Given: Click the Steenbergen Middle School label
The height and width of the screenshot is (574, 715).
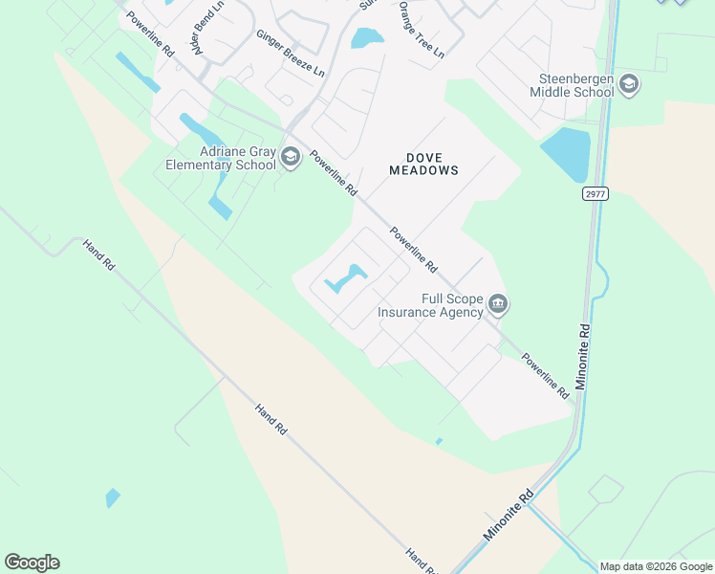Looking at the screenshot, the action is coord(572,85).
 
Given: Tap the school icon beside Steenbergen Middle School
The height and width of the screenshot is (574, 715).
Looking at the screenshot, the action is coord(629,85).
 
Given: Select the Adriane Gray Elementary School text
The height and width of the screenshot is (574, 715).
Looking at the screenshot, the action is coord(221,158).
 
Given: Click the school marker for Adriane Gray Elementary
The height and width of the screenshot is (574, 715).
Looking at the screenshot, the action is coord(291,157).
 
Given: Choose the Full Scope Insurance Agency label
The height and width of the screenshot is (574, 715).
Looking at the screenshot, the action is coord(431,305).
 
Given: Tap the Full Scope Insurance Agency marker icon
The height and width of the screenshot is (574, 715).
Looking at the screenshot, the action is coord(498,305).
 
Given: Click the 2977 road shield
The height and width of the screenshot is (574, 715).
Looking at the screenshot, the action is coord(595,193).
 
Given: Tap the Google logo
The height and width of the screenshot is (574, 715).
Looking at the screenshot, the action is coord(32,563).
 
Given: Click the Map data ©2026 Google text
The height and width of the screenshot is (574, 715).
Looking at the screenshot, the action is coord(656,566).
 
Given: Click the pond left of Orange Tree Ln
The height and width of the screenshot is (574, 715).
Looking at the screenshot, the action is coord(367,38).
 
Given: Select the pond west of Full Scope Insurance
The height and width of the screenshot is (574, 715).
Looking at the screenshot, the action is coord(346,278).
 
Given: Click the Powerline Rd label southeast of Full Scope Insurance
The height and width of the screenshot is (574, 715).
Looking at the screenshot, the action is coord(546,376).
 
